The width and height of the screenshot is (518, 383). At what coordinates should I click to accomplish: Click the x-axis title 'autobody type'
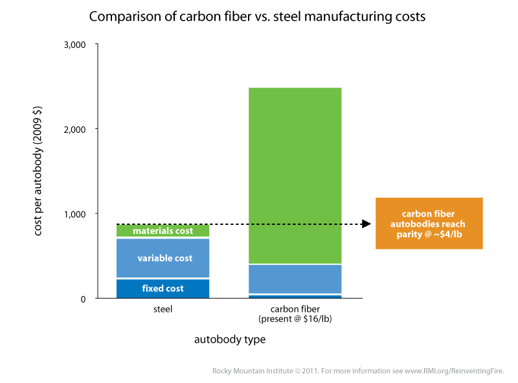pyautogui.click(x=229, y=339)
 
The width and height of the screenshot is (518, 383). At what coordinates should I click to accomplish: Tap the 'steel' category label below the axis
pyautogui.click(x=163, y=310)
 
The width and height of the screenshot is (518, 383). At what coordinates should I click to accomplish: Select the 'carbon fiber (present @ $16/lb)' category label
pyautogui.click(x=295, y=314)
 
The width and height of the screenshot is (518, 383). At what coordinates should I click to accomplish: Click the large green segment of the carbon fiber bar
pyautogui.click(x=295, y=175)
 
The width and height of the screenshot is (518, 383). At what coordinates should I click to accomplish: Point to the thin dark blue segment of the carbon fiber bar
pyautogui.click(x=295, y=296)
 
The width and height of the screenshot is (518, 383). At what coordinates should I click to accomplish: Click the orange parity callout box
pyautogui.click(x=429, y=223)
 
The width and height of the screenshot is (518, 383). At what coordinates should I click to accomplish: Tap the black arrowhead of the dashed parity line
pyautogui.click(x=366, y=224)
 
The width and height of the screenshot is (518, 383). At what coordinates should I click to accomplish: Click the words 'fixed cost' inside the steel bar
pyautogui.click(x=163, y=288)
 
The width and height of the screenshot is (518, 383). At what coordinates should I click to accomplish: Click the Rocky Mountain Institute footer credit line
pyautogui.click(x=357, y=371)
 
